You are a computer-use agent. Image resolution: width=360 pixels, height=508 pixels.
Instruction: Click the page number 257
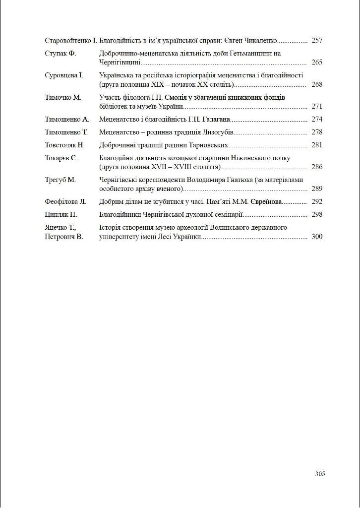(317, 41)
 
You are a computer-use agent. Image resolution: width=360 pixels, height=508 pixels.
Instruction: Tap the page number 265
(317, 63)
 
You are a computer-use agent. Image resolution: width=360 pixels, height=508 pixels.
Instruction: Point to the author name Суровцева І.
(64, 75)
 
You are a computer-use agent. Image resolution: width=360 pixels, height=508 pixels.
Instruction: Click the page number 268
(317, 84)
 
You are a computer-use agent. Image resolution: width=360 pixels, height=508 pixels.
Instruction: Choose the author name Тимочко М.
(62, 98)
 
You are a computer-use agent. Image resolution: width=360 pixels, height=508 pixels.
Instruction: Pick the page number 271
(317, 107)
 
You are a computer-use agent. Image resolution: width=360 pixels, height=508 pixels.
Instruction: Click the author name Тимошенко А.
(66, 120)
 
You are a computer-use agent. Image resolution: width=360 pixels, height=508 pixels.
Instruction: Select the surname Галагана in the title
(217, 120)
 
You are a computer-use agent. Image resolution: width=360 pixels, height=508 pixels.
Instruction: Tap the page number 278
(317, 132)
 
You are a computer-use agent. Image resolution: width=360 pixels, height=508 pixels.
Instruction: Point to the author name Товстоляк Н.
(64, 145)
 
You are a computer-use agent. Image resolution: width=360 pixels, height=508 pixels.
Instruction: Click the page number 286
(317, 167)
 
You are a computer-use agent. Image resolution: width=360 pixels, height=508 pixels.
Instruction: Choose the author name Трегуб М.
(60, 180)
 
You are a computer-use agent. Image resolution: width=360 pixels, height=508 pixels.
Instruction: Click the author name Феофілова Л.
(65, 202)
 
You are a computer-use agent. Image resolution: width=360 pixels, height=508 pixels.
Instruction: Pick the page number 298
(317, 215)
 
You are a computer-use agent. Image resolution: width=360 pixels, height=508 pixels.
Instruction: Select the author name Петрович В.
(63, 237)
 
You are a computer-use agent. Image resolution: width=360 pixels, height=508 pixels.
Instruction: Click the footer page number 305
(320, 474)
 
